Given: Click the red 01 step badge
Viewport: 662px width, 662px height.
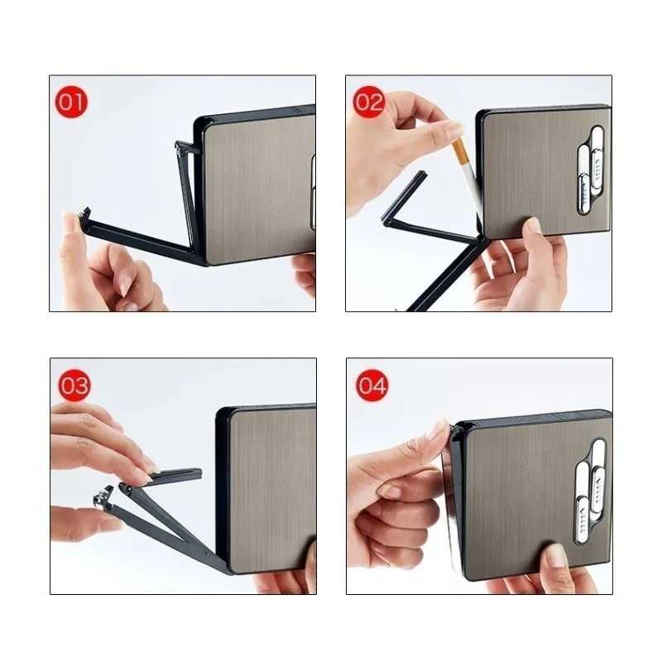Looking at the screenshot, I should pyautogui.click(x=71, y=103).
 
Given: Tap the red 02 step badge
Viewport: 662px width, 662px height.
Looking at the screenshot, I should pyautogui.click(x=369, y=103).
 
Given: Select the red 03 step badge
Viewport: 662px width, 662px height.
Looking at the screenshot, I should pyautogui.click(x=74, y=385).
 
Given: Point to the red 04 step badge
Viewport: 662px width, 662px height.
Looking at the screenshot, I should pyautogui.click(x=372, y=386).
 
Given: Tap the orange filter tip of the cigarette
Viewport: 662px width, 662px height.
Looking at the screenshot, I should pyautogui.click(x=459, y=151).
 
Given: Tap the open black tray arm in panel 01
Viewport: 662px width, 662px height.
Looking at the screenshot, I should pyautogui.click(x=141, y=240).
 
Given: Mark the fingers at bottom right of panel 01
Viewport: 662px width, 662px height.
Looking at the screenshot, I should pyautogui.click(x=305, y=273).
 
